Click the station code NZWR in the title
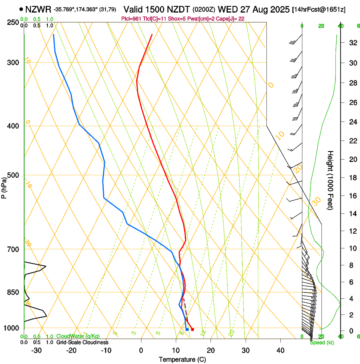point(38,9)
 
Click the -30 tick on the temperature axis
point(36,350)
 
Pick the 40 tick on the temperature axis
point(280,350)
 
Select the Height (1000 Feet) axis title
point(330,180)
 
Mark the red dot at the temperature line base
point(192,329)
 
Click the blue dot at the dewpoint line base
point(187,329)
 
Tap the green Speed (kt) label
point(322,342)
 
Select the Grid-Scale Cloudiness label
point(82,342)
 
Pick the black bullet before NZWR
point(21,9)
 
